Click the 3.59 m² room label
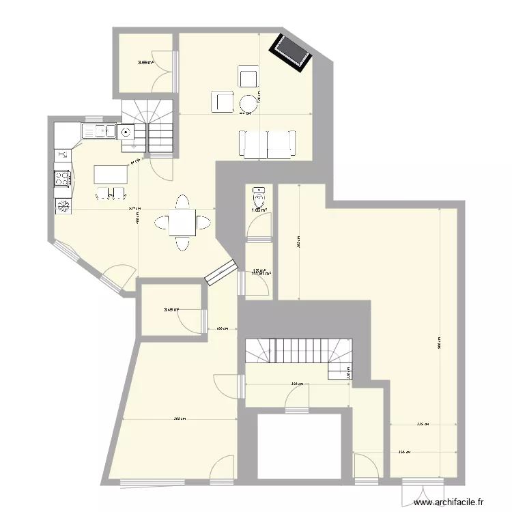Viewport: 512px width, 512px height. (x=145, y=63)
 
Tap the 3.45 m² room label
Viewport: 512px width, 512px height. (x=171, y=310)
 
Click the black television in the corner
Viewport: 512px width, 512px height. (x=291, y=51)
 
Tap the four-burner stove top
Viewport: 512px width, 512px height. (x=62, y=179)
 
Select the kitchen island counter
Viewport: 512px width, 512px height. (x=111, y=175)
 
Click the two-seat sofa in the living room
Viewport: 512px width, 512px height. (x=267, y=143)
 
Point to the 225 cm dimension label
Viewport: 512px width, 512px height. (x=423, y=424)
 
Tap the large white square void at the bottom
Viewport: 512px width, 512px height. (x=298, y=448)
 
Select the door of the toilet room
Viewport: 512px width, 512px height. (x=259, y=227)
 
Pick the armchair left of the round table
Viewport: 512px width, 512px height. (x=221, y=102)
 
